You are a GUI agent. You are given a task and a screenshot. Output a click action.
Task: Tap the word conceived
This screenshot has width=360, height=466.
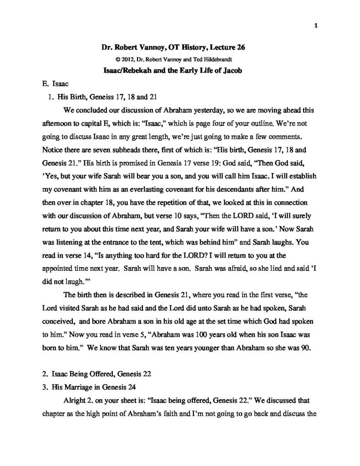click(58, 307)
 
